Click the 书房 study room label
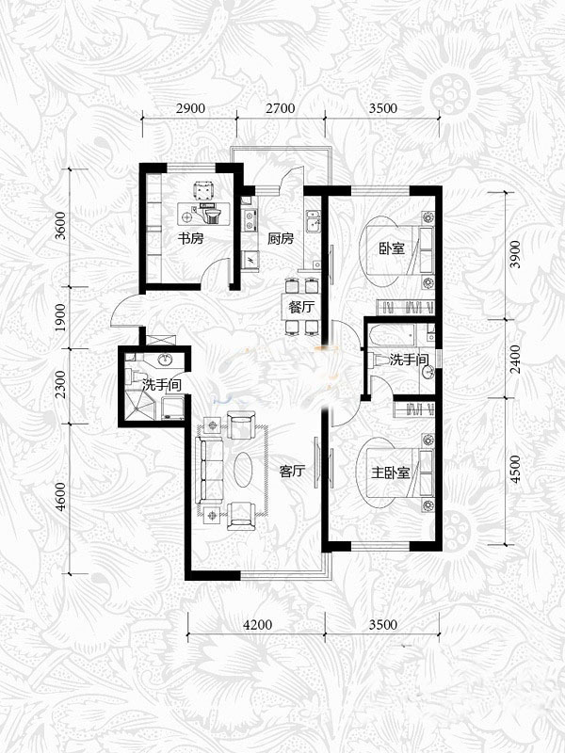(191, 238)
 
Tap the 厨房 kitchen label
(281, 238)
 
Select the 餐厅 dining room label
(301, 308)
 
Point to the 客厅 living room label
(292, 472)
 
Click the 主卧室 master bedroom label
(390, 473)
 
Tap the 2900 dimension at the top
(190, 108)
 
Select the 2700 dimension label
(281, 108)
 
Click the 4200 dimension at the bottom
(257, 625)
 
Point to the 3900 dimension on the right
(514, 254)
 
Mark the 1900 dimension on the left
(60, 317)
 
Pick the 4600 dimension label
(60, 497)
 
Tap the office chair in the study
(203, 190)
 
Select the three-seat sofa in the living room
(211, 470)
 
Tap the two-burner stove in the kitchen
(250, 221)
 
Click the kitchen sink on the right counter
(314, 221)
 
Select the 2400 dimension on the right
(514, 359)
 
